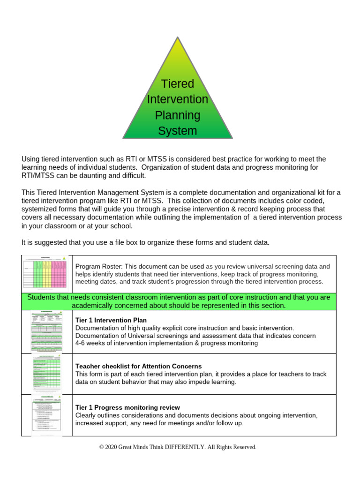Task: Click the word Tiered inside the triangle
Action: (x=177, y=84)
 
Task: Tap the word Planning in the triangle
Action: (x=177, y=115)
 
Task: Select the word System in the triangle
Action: (x=177, y=131)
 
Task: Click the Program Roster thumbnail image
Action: (x=47, y=274)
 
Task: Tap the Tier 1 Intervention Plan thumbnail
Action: (x=47, y=331)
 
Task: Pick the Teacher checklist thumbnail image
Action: (x=47, y=374)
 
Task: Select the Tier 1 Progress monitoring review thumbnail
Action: (x=47, y=415)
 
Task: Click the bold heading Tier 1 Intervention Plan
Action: (x=111, y=320)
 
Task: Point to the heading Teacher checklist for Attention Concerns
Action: (x=138, y=366)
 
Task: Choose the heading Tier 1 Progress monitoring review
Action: (x=127, y=408)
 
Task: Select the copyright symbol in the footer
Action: (x=101, y=447)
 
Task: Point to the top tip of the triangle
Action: (x=178, y=37)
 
